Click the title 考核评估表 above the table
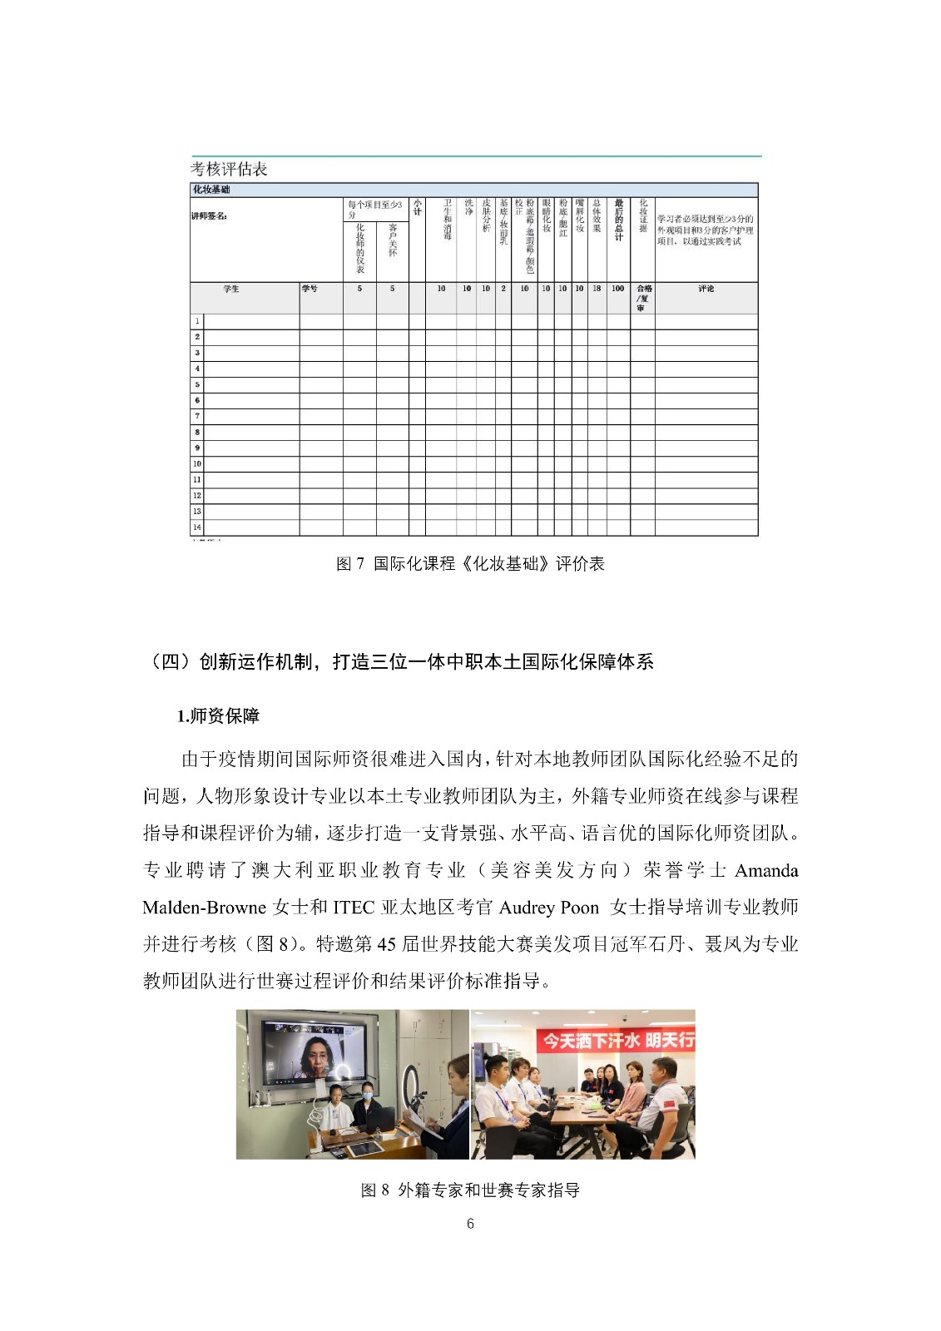[x=229, y=169]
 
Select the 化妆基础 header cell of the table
[x=211, y=190]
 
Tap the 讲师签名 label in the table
[x=209, y=216]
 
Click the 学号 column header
[x=310, y=289]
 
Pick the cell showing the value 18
[x=597, y=289]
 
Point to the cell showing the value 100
[x=617, y=289]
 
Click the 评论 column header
[x=706, y=289]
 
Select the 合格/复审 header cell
[x=643, y=298]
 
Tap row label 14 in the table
[x=197, y=527]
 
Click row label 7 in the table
[x=197, y=416]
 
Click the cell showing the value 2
[x=503, y=289]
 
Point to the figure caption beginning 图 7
[x=470, y=564]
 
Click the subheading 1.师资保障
[x=218, y=716]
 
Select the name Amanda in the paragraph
[x=766, y=871]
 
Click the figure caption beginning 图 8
[x=470, y=1190]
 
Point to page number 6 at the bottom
[x=470, y=1224]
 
